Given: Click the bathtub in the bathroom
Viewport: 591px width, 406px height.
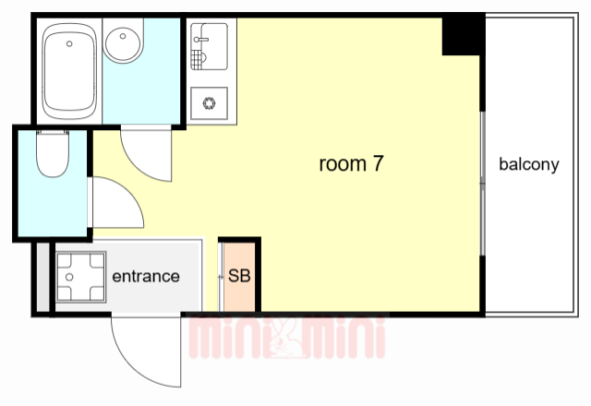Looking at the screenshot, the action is pos(69,71).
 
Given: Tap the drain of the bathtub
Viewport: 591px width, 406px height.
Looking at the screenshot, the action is pos(69,43).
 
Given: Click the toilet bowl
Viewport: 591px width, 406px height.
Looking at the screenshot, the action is pos(53,153).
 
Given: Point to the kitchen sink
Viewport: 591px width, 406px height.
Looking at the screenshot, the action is pos(209,47).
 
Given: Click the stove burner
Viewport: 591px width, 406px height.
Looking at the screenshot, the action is pos(209,102).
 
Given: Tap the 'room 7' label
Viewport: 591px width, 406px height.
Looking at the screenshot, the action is pos(351,164).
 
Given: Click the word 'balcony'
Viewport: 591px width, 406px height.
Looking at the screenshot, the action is pos(529,164).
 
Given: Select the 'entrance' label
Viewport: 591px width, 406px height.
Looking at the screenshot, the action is pos(146,277).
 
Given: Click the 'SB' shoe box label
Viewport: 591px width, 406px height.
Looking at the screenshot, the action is pos(239,276).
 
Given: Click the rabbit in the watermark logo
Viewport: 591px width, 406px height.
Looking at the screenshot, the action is pos(286,340).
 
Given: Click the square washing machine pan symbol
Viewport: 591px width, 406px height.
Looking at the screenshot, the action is pos(80,277).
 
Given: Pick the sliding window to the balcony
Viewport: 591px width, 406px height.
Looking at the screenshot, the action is pos(482,184).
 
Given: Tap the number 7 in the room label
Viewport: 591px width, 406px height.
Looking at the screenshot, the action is pos(378,163).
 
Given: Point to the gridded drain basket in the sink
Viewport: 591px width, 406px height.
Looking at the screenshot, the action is pos(197,60).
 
